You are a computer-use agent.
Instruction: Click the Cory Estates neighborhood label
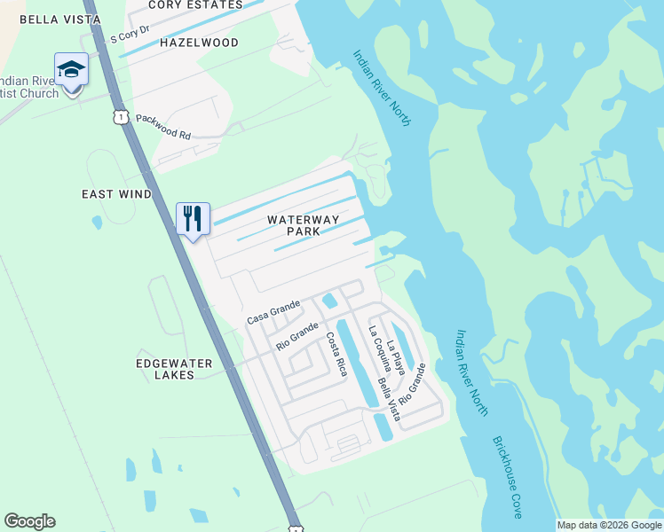coord(195,5)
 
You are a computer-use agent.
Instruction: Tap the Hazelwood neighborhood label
coord(199,43)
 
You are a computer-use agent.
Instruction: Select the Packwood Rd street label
coord(163,126)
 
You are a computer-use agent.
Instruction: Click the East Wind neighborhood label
coord(116,194)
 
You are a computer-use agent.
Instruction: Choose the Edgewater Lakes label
coord(176,369)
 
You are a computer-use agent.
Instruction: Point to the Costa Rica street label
coord(336,354)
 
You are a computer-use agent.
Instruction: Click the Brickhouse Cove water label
coord(507,477)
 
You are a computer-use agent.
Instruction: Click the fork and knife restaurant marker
coord(193,218)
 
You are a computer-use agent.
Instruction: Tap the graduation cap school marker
coord(71,69)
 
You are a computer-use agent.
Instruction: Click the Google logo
coord(29,521)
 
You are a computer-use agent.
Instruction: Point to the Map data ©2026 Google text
coord(609,525)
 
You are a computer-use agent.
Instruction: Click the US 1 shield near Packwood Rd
coord(119,116)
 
